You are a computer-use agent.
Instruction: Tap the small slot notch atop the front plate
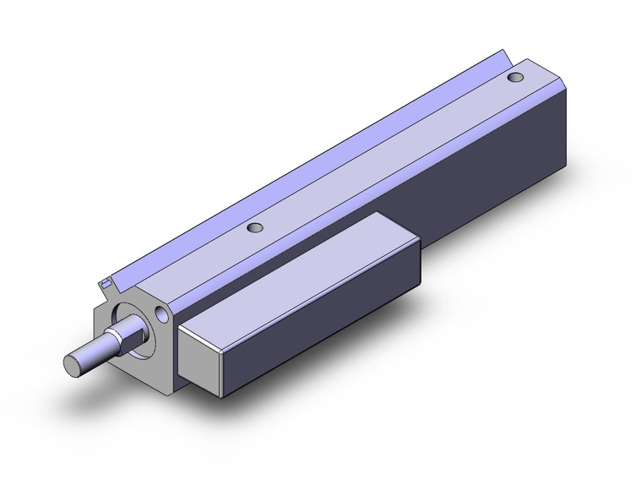tap(105, 283)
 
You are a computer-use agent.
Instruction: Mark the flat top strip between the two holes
tap(380, 156)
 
